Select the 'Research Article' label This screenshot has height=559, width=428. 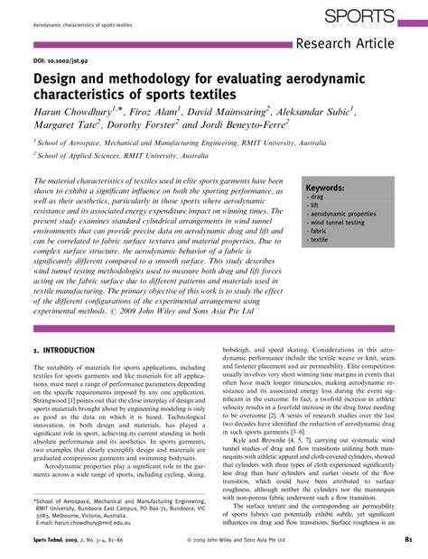tap(360, 45)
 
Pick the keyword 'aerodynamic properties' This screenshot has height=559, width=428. tap(336, 212)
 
